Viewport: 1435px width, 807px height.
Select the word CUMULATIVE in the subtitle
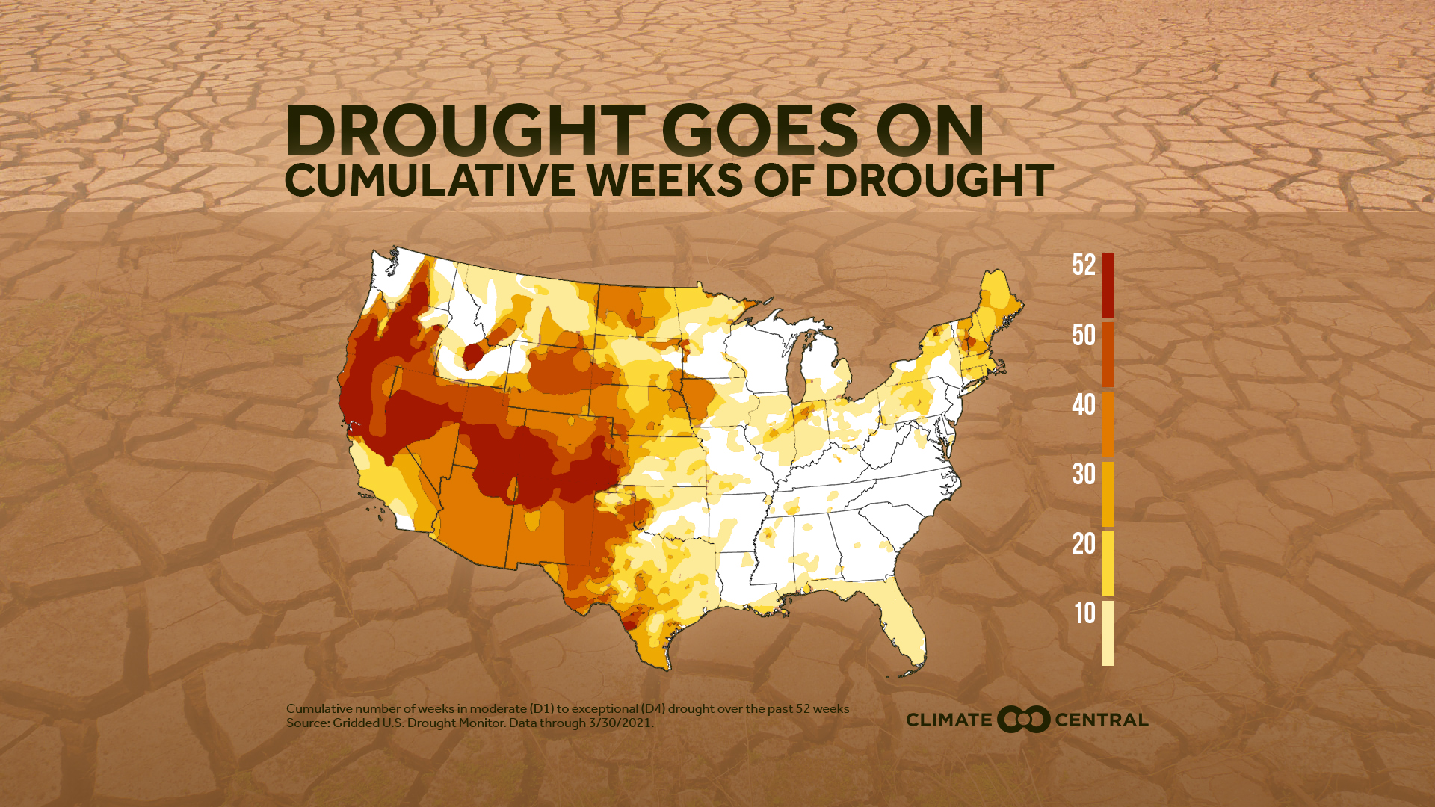click(429, 181)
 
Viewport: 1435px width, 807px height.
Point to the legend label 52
click(1084, 265)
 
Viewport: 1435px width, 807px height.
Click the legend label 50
click(1084, 336)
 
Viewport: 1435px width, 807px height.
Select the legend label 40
click(1084, 405)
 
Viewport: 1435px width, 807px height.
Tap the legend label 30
click(1084, 474)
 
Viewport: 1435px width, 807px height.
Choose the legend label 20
click(1084, 544)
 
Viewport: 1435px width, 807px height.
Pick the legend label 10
click(1084, 613)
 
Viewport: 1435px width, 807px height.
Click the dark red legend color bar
click(1108, 285)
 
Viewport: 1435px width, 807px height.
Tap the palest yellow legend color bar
click(1108, 633)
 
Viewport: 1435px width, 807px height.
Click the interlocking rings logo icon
click(1023, 720)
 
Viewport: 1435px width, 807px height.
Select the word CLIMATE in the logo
click(948, 720)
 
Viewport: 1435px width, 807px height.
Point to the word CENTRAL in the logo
click(1101, 720)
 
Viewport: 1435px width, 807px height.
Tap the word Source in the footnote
click(307, 723)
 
